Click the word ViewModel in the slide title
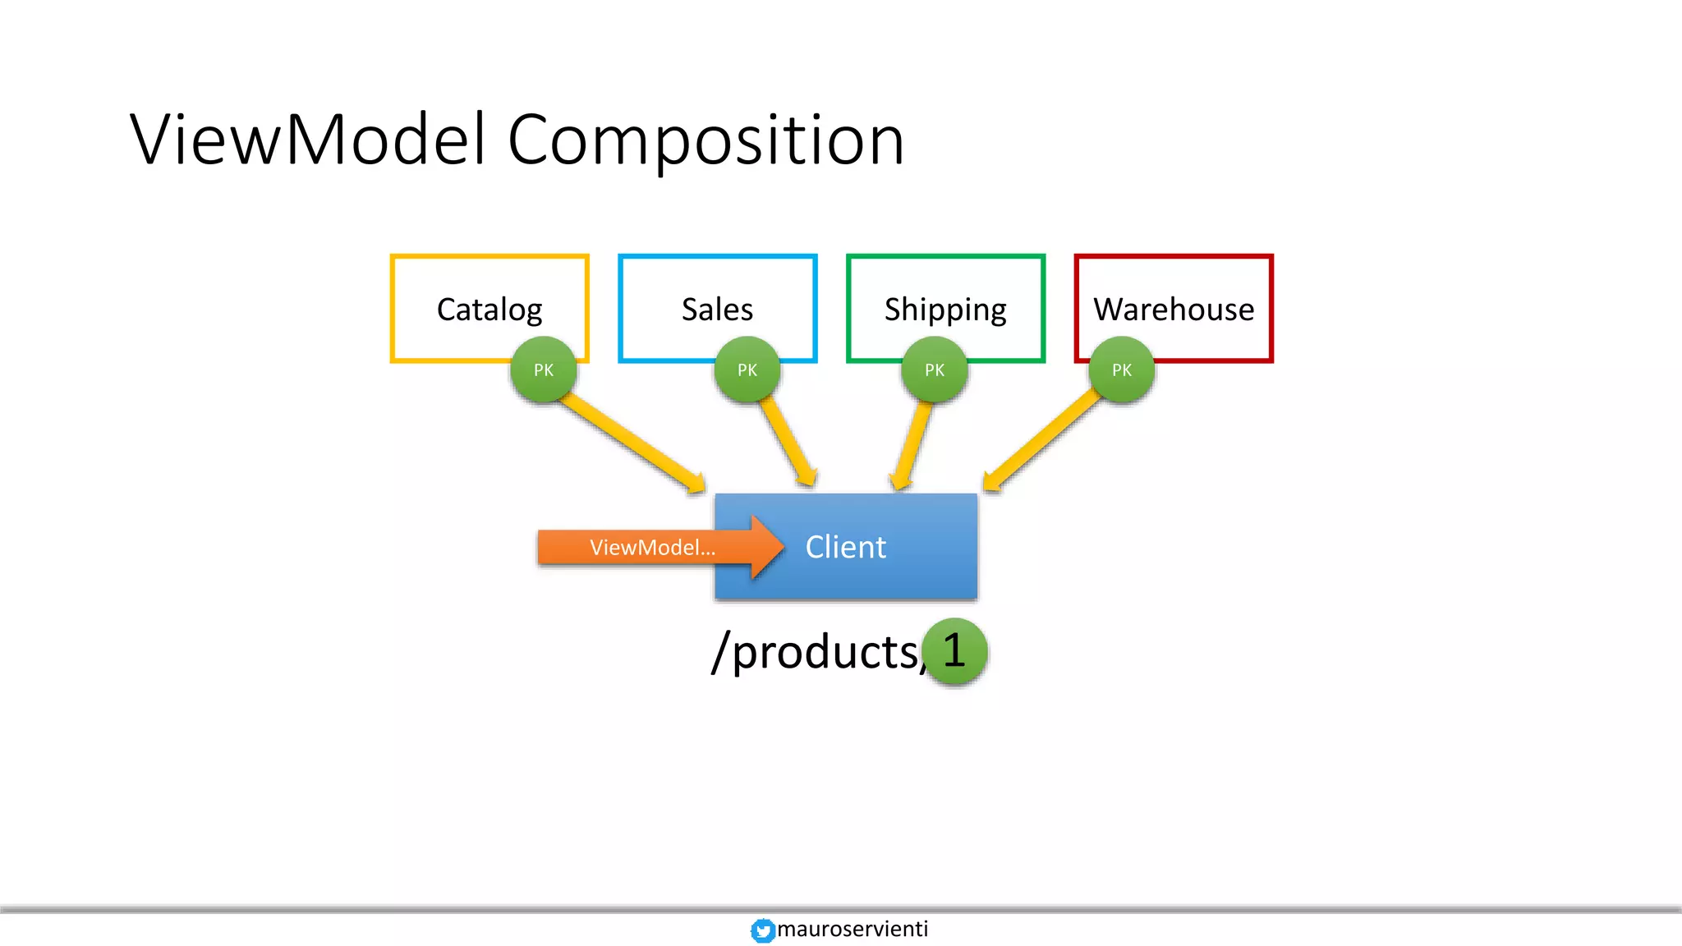308,140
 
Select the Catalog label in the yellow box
489,310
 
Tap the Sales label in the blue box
717,310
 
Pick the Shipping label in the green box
945,310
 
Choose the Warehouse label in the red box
1174,310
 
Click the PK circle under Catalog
544,370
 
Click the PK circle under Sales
747,370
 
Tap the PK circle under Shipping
935,370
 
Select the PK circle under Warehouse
1122,370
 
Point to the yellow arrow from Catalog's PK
632,443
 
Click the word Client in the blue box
845,547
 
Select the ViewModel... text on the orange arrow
652,548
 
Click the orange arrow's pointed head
768,547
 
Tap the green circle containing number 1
954,650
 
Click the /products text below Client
817,652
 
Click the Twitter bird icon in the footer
763,930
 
